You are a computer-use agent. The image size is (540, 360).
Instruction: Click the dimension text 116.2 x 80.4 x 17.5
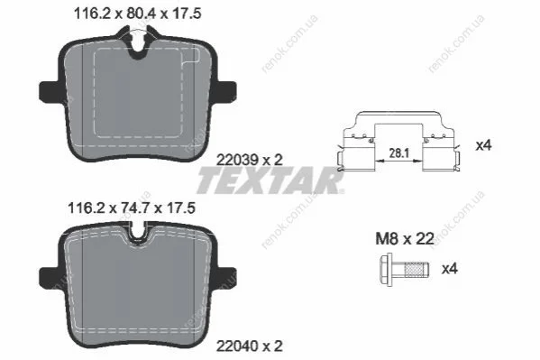[138, 14]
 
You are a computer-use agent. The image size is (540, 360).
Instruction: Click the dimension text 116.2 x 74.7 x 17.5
[132, 208]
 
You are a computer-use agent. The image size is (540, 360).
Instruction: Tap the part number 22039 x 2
[250, 160]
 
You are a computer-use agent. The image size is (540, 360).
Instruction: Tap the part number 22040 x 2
[250, 346]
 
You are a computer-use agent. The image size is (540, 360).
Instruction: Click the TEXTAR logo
[270, 180]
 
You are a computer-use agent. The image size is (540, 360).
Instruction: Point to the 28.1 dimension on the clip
[398, 152]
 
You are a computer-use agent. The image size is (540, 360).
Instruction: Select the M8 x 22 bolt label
[404, 238]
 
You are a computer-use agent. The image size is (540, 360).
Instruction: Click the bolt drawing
[404, 270]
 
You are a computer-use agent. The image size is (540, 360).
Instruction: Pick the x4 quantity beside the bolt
[450, 268]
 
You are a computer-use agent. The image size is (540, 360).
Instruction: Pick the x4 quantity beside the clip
[483, 145]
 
